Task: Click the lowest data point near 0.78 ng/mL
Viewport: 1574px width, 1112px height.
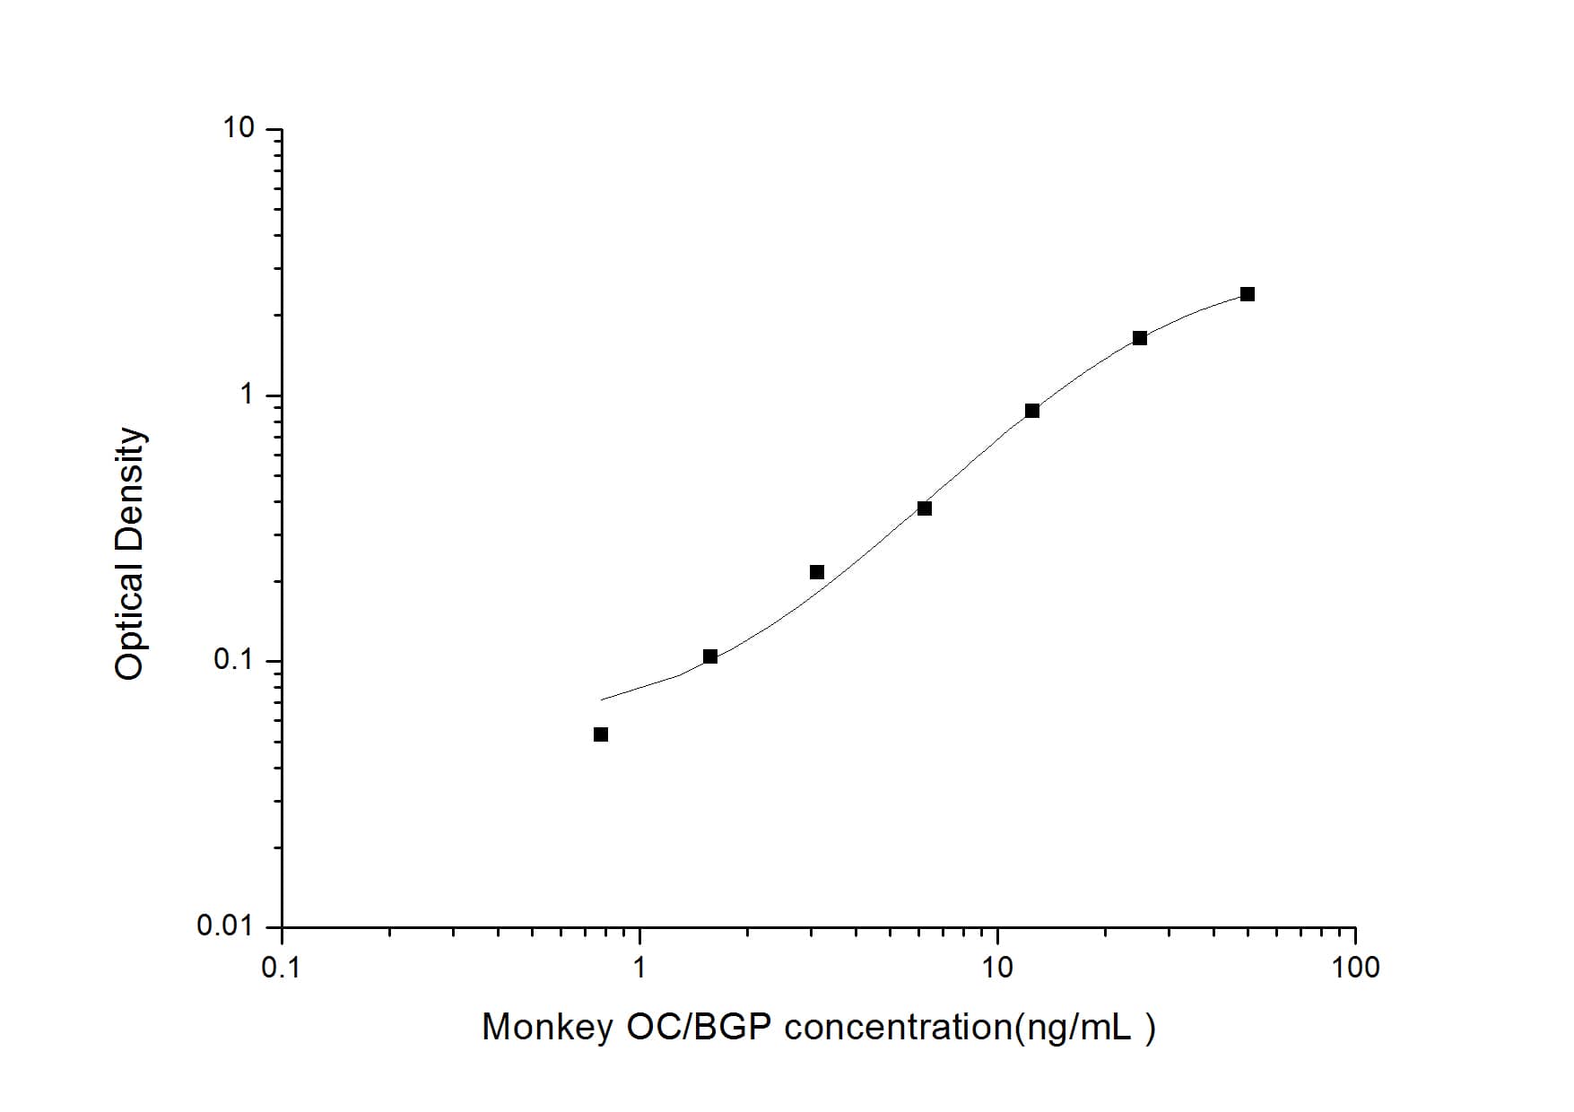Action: point(601,734)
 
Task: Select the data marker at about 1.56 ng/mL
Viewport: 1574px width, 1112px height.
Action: point(710,656)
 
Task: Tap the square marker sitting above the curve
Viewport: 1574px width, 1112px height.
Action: point(817,572)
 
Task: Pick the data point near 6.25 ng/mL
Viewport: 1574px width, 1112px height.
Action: point(925,508)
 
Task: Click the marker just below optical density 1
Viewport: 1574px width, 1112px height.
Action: point(1032,411)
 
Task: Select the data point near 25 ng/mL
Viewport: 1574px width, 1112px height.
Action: point(1140,338)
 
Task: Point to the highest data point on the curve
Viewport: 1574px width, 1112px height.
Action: point(1248,294)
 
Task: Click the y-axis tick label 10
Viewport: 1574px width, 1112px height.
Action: point(239,128)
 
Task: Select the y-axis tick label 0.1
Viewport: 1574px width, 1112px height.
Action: point(234,660)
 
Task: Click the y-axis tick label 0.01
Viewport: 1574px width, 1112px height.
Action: point(226,925)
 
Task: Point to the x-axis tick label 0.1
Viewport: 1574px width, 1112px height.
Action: point(282,968)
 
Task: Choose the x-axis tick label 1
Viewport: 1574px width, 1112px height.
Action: point(639,968)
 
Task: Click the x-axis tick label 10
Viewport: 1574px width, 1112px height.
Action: point(997,968)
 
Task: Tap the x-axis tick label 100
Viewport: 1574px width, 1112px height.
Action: point(1355,968)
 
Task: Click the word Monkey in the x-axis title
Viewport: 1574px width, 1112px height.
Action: point(546,1028)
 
